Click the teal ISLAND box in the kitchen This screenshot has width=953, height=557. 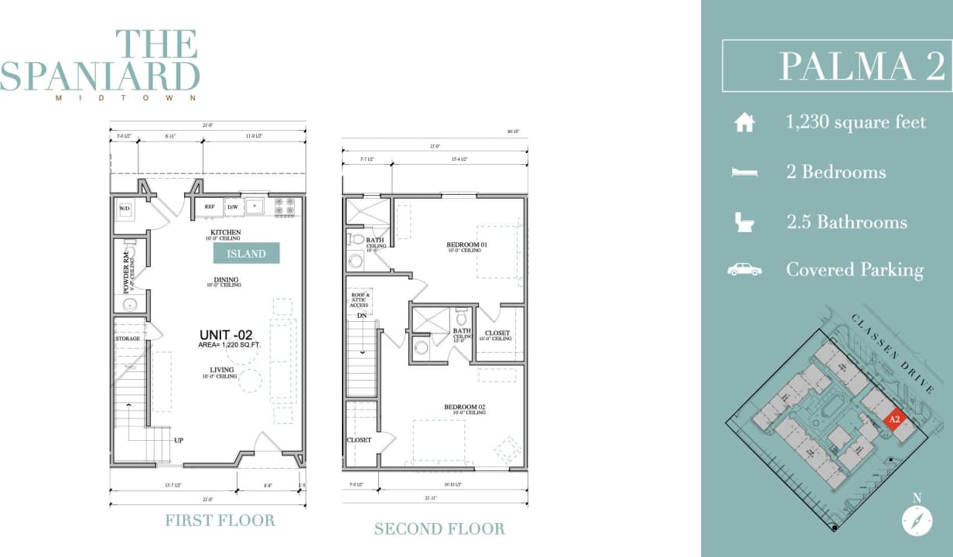(x=247, y=253)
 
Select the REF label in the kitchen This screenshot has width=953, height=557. (x=209, y=207)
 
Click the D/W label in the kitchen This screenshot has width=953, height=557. (x=232, y=207)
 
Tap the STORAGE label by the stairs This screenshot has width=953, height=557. (x=128, y=339)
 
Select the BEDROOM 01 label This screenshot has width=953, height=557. (x=466, y=245)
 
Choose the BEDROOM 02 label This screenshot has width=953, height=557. (x=464, y=407)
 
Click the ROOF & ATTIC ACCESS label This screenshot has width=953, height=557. (x=360, y=300)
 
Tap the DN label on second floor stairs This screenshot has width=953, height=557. (x=361, y=316)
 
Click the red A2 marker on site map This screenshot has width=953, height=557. (x=895, y=419)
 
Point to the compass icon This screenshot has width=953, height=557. (x=917, y=520)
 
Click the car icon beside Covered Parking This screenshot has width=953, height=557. (x=744, y=270)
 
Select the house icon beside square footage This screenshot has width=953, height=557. (x=744, y=122)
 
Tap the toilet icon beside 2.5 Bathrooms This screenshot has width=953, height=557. (x=744, y=222)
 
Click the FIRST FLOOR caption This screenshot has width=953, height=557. (x=220, y=520)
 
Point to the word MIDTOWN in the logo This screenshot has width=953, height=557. (x=126, y=98)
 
